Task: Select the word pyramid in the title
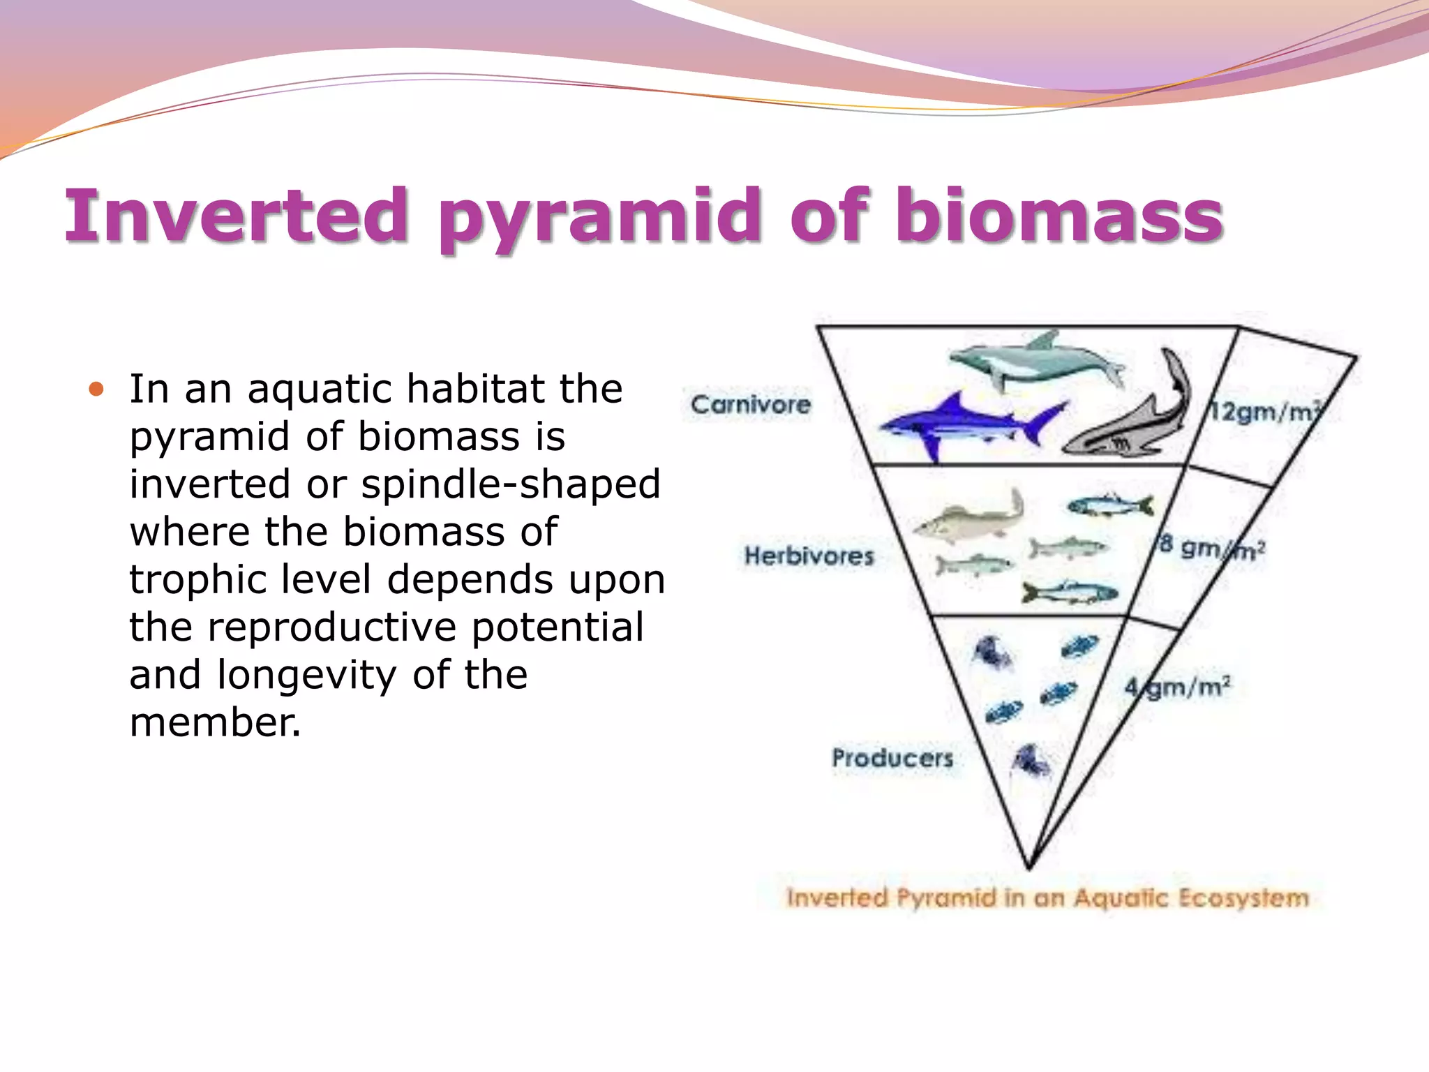(601, 220)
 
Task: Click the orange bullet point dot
(96, 389)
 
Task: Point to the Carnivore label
(750, 405)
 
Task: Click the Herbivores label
(809, 556)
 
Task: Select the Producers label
(892, 758)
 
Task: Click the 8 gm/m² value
(1211, 548)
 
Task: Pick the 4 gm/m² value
(1177, 687)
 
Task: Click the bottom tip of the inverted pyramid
(1029, 867)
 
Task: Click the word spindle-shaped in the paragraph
(510, 484)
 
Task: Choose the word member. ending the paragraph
(215, 722)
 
